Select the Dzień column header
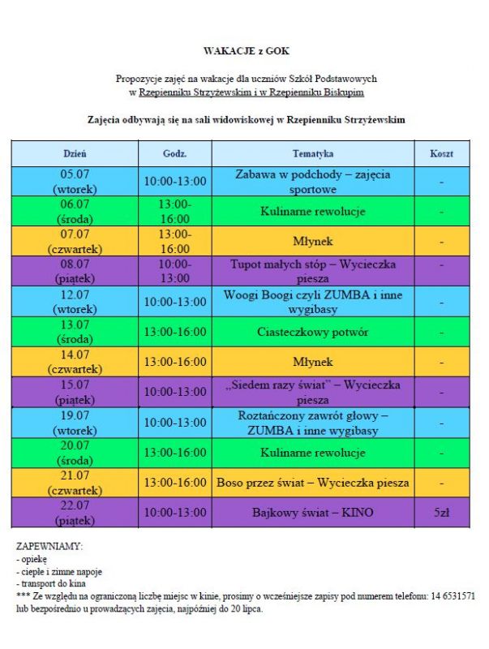point(75,153)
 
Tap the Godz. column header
point(174,153)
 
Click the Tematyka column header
point(312,153)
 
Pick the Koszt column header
point(441,153)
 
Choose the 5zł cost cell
point(441,513)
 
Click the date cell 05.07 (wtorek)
point(75,182)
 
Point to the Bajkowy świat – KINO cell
point(312,513)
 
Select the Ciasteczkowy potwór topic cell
point(312,332)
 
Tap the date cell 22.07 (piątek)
point(75,513)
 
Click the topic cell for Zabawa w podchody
point(312,182)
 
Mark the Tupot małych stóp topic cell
point(312,271)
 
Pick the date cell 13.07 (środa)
point(75,332)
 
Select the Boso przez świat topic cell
point(312,483)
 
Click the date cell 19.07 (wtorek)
point(75,422)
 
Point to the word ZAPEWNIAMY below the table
point(49,547)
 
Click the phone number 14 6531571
point(452,595)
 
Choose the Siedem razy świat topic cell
point(312,392)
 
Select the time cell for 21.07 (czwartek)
point(174,483)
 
